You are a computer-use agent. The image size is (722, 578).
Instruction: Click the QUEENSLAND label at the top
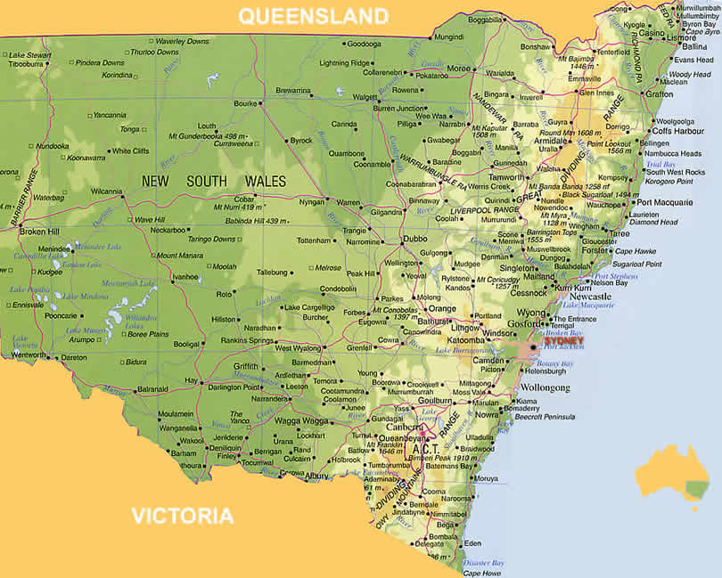click(x=314, y=16)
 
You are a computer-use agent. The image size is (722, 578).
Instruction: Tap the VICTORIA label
click(x=183, y=516)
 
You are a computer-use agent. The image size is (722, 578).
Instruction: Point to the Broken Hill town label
click(x=39, y=232)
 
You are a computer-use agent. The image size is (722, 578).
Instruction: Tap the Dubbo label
click(x=414, y=239)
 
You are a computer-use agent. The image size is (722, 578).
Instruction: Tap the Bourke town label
click(x=244, y=103)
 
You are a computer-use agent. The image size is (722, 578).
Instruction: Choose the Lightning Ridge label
click(x=347, y=63)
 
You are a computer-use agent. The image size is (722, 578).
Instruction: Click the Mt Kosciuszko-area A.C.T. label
click(x=424, y=450)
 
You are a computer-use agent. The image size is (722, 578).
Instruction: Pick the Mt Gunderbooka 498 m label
click(x=207, y=134)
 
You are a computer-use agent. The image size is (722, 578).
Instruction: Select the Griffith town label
click(x=246, y=366)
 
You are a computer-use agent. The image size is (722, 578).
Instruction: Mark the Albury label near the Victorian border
click(x=317, y=476)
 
